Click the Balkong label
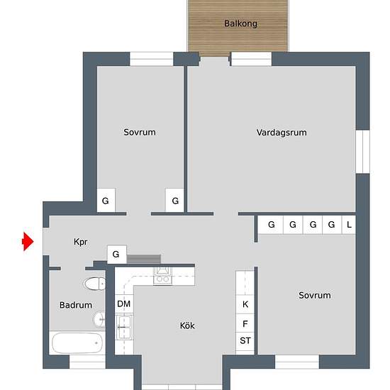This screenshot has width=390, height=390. (240, 23)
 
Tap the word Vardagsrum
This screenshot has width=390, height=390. (282, 133)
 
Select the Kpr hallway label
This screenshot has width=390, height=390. (80, 242)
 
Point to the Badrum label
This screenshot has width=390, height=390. (76, 306)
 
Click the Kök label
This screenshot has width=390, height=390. (187, 326)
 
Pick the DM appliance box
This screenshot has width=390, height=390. (124, 304)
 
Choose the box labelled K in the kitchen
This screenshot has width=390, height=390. (245, 304)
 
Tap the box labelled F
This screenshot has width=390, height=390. (245, 324)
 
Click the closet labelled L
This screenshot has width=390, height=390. (349, 225)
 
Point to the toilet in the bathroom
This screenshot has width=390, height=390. (93, 285)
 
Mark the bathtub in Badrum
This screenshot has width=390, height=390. (77, 344)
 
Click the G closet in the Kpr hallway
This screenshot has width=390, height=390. (116, 254)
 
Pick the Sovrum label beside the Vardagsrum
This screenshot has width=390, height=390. (139, 133)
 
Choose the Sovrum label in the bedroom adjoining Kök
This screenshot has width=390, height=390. (314, 296)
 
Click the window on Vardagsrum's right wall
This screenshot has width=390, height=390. (362, 152)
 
